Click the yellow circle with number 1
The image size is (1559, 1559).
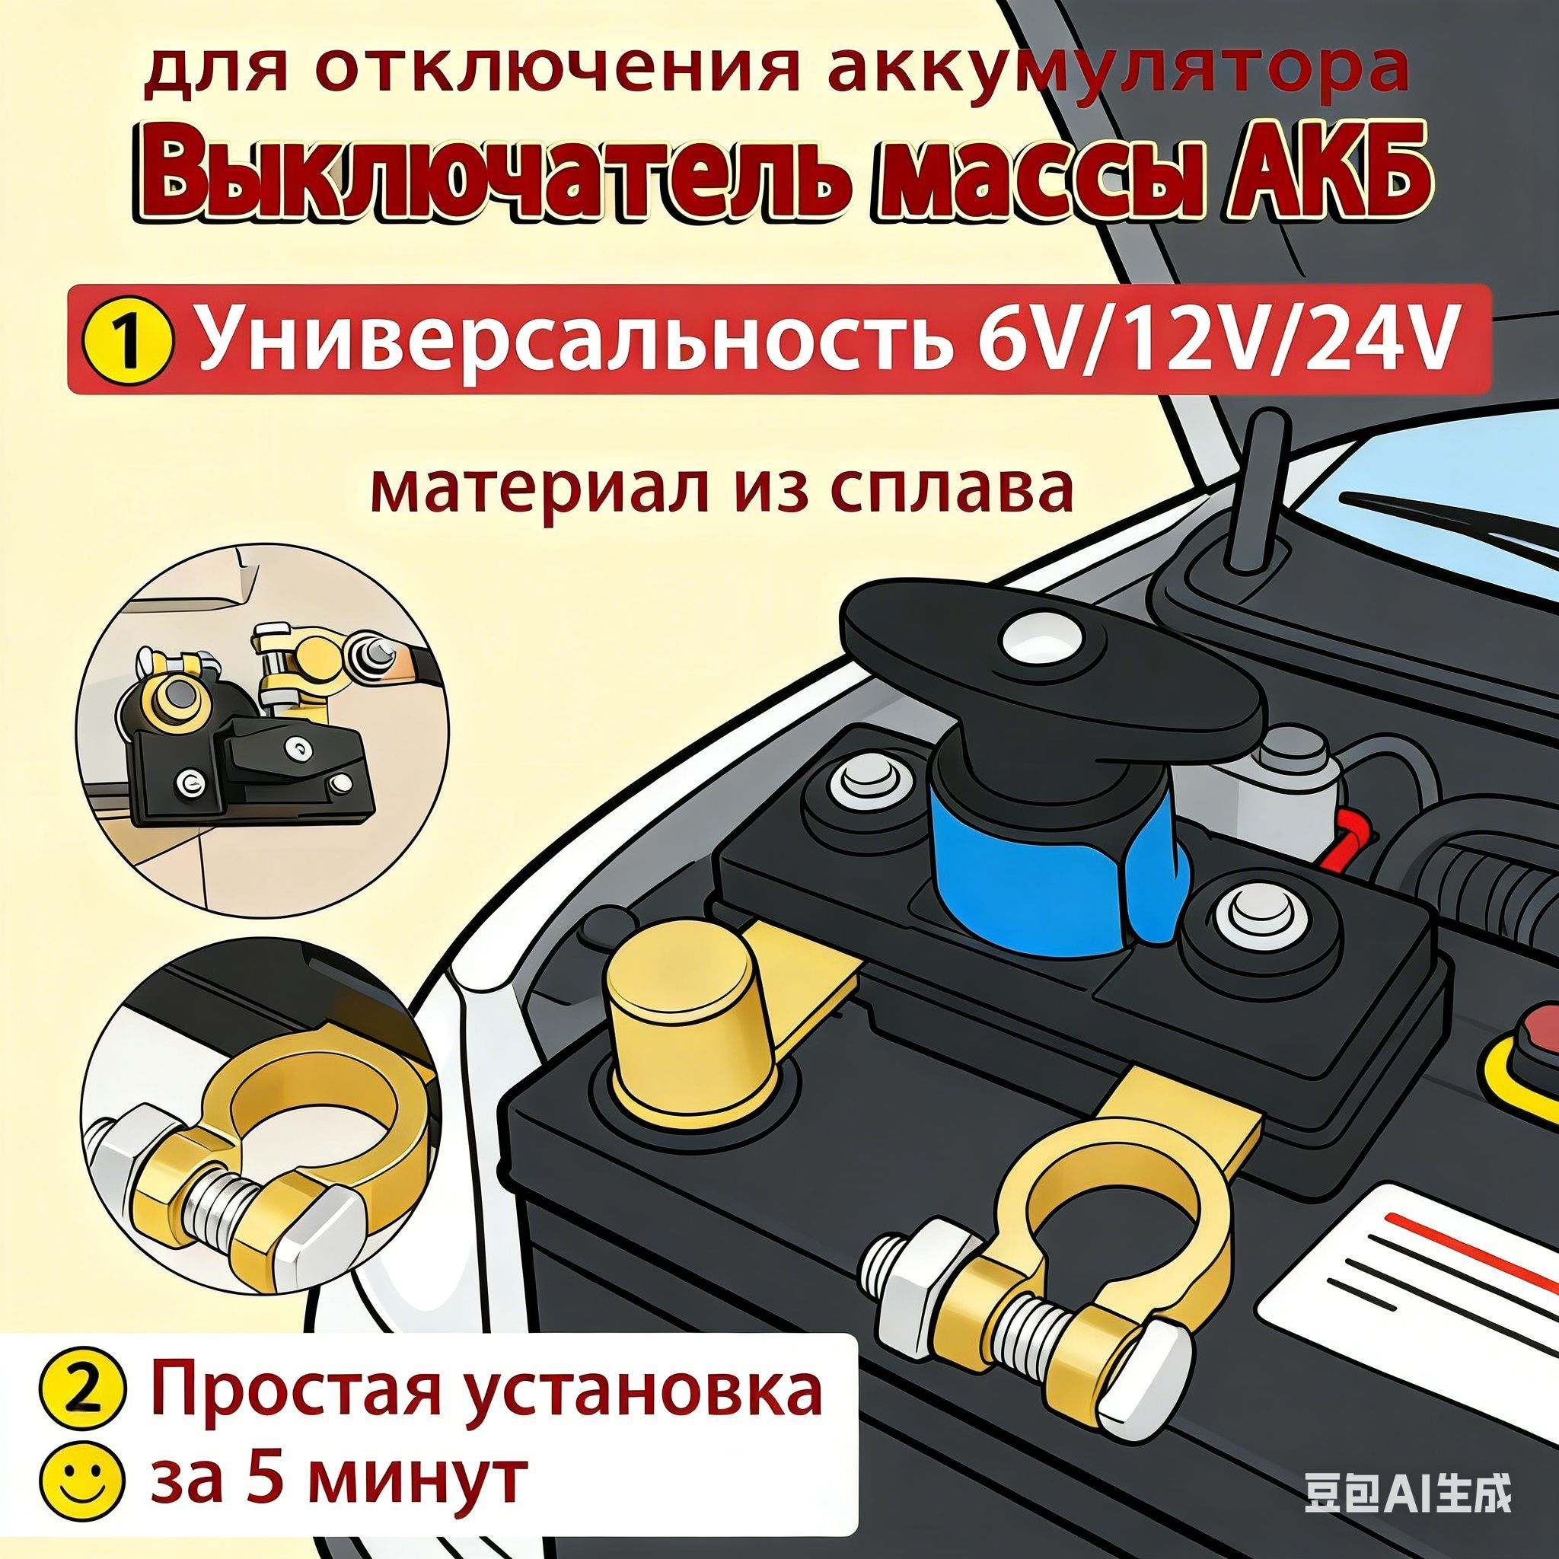coord(126,339)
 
